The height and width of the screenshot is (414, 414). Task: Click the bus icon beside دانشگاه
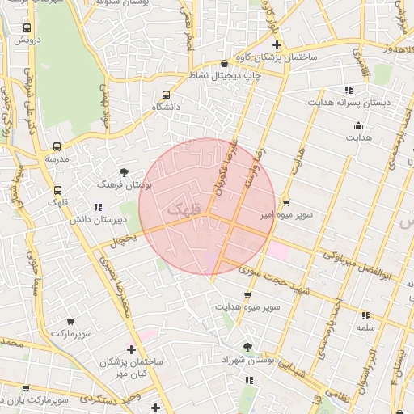[166, 95]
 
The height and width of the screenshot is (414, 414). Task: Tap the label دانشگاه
[167, 107]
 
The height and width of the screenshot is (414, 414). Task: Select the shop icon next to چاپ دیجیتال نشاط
[224, 64]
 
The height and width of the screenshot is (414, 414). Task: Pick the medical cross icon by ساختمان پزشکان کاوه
[277, 45]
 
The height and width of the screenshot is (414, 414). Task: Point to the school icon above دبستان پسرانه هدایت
[349, 90]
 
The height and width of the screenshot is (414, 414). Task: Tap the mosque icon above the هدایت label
[358, 125]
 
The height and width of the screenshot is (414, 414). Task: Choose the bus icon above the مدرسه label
[57, 147]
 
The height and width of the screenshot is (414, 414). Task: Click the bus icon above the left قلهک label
[57, 191]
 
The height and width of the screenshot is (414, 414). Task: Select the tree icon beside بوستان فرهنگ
[124, 171]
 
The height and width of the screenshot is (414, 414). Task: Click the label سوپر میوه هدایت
[247, 308]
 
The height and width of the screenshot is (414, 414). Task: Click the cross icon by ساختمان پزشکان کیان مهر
[132, 349]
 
